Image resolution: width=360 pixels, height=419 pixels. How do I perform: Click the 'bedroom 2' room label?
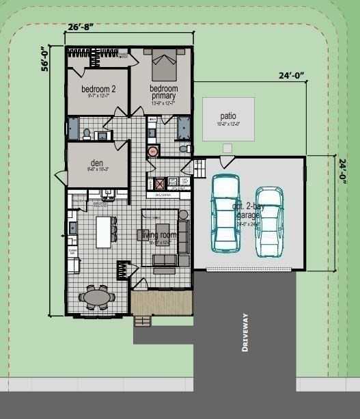(x=98, y=89)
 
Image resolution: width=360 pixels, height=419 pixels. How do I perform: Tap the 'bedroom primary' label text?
(x=164, y=92)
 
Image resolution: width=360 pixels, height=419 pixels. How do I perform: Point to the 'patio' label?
(x=228, y=116)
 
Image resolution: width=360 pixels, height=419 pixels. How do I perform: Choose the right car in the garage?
(x=269, y=221)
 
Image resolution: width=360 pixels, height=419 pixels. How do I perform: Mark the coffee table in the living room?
(x=163, y=230)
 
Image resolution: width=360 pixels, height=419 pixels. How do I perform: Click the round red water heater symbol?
(x=153, y=151)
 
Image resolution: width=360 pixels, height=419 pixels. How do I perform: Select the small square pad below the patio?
(x=227, y=148)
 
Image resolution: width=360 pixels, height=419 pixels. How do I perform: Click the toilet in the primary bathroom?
(x=183, y=148)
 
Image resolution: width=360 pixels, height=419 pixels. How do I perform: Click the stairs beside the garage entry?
(x=200, y=167)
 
